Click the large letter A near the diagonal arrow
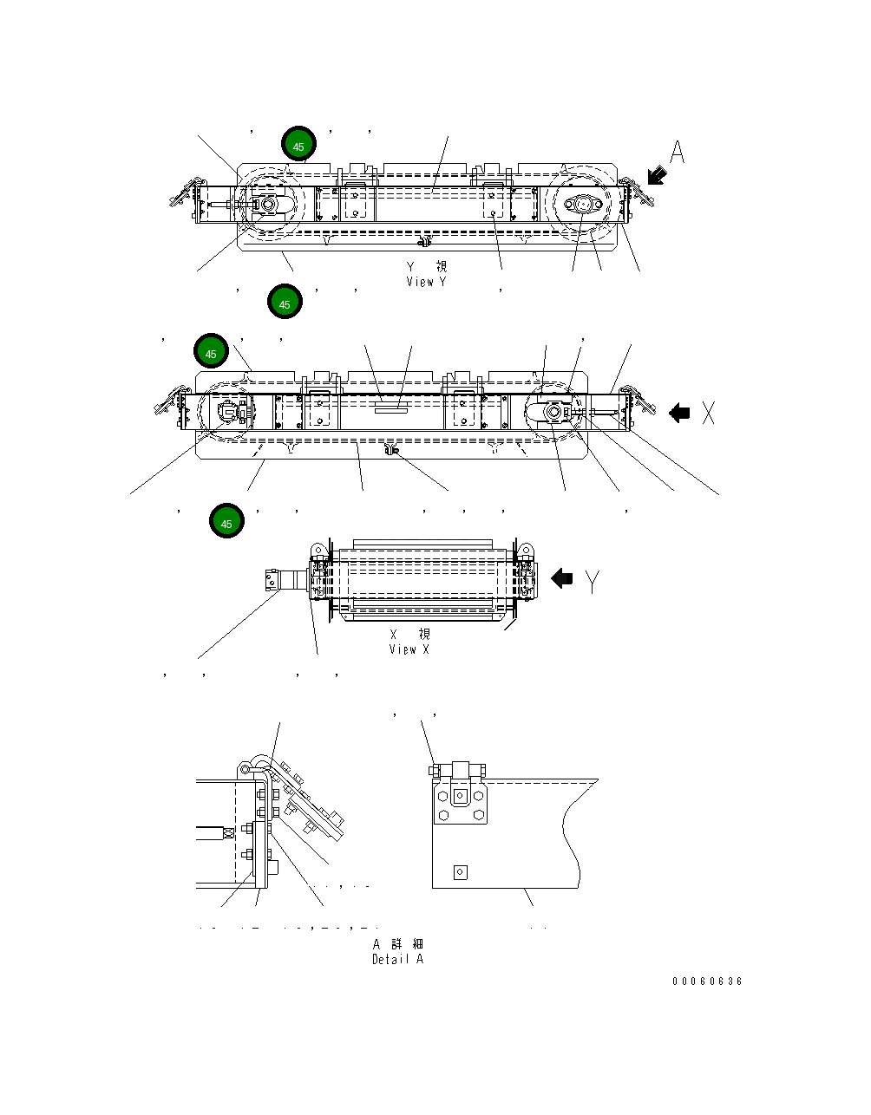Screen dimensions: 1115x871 [677, 153]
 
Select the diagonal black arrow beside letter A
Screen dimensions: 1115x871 [657, 177]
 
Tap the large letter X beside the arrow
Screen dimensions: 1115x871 [709, 414]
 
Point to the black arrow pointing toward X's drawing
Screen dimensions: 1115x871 [679, 414]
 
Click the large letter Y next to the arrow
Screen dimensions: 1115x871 [592, 581]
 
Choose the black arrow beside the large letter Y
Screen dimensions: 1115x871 [562, 578]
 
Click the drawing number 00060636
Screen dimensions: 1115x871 [707, 981]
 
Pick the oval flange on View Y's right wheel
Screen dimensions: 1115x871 [582, 205]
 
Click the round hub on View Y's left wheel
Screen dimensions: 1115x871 [266, 205]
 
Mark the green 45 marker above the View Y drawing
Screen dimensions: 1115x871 [298, 147]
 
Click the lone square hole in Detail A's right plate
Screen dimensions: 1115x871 [460, 872]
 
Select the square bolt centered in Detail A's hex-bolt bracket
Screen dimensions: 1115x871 [460, 795]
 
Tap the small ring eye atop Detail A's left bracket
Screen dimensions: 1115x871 [247, 768]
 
